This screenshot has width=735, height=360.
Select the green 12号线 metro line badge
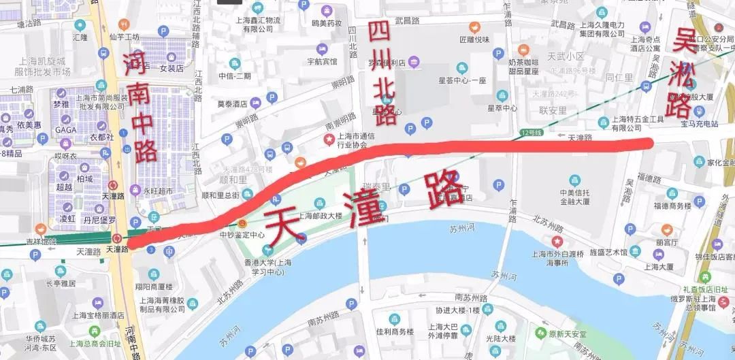[529, 131]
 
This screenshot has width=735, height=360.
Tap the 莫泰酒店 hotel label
[232, 104]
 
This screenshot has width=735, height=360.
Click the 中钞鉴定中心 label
[242, 235]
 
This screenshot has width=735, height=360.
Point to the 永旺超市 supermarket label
[158, 191]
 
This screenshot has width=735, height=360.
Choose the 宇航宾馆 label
[322, 61]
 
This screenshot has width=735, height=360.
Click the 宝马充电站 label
[700, 124]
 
